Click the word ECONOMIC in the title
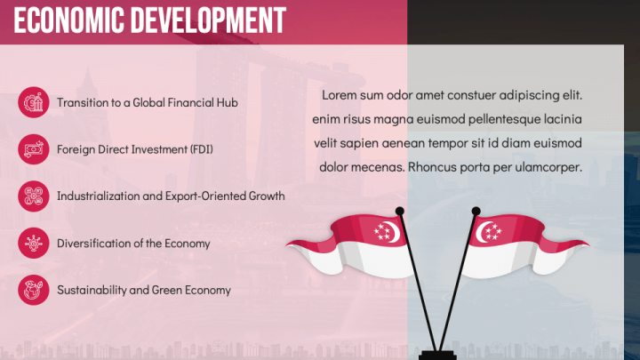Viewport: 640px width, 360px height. pos(68,19)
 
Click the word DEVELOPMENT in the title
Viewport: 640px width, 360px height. pos(204,19)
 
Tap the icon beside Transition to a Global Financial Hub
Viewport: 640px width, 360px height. pos(33,102)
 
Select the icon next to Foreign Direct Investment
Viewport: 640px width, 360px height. pos(33,148)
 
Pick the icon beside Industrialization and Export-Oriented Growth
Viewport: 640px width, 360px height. pos(33,196)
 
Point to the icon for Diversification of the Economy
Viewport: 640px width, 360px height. pos(33,242)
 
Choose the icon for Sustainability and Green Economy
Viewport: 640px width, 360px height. pos(33,289)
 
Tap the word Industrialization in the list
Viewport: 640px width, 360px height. pos(95,196)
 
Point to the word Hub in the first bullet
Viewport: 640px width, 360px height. pos(228,102)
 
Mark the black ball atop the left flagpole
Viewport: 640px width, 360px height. pos(400,211)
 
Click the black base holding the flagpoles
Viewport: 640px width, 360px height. pos(436,354)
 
